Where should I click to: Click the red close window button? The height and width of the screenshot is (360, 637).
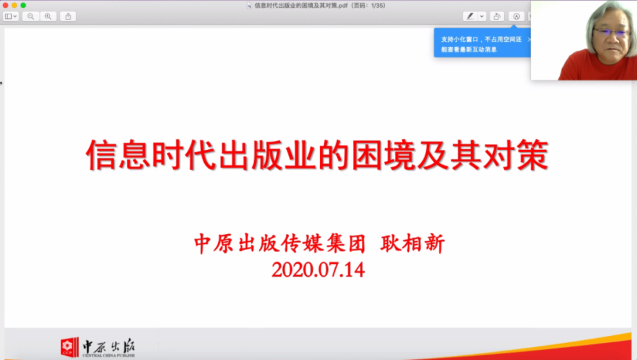coord(5,5)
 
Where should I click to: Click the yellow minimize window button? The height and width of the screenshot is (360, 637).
coord(14,5)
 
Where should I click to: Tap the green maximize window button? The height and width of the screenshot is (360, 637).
coord(23,5)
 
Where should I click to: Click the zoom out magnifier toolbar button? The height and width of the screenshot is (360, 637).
coord(31,17)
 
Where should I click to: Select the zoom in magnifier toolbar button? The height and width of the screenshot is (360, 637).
coord(48,17)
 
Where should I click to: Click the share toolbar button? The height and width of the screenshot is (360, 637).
coord(68,17)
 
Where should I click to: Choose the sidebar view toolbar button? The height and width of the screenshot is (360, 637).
coord(10,17)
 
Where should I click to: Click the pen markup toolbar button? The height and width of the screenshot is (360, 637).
coord(470,17)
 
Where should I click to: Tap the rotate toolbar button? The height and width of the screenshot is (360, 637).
coord(497,17)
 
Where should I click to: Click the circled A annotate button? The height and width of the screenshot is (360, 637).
coord(516,17)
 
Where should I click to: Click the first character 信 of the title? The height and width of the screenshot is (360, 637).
coord(101,155)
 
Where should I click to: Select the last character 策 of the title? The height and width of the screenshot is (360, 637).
coord(533,155)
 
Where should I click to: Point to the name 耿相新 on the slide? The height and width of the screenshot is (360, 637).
coord(413,244)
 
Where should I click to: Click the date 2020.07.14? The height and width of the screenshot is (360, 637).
coord(318,270)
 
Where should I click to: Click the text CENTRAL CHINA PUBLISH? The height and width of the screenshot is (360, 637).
coord(109,355)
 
